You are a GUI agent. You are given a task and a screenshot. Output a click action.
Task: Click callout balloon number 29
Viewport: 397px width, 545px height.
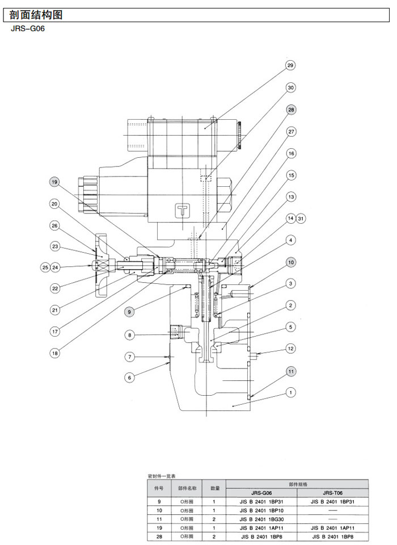pos(291,66)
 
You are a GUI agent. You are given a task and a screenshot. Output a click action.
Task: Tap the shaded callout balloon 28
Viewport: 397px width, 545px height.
pos(291,110)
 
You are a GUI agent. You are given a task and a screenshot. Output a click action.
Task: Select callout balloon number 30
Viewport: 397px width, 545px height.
pos(291,88)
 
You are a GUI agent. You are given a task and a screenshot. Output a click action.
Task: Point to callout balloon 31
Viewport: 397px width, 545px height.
pos(301,219)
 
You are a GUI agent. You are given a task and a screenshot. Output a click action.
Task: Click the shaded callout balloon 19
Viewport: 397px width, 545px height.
pos(54,182)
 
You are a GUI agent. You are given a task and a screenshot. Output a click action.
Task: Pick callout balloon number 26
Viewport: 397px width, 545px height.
pos(54,226)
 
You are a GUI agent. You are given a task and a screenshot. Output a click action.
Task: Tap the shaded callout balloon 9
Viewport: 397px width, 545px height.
pos(130,311)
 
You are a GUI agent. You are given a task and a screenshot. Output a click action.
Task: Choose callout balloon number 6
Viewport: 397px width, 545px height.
pos(130,378)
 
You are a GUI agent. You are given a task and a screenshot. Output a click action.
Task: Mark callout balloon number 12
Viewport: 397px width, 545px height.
pos(291,349)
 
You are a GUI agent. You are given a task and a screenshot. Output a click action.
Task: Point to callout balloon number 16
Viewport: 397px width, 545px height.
pos(291,153)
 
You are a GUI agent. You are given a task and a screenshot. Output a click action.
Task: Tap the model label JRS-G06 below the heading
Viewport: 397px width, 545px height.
pos(27,30)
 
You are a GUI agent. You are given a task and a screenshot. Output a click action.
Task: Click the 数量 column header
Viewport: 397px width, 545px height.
pos(216,488)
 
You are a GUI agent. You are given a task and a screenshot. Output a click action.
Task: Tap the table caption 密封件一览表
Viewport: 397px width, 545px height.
pos(162,475)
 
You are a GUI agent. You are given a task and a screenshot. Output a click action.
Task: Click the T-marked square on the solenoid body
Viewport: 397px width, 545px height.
pos(183,209)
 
